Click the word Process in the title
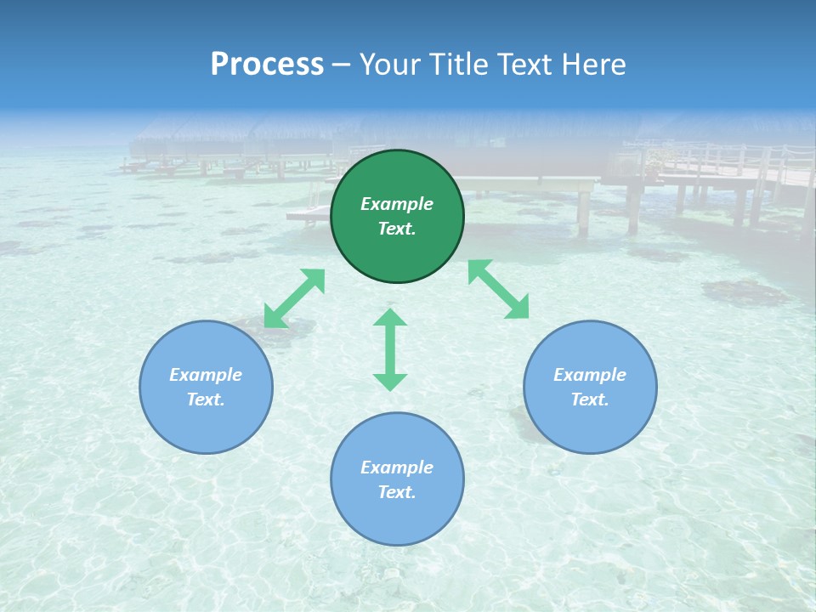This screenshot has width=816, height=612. [267, 65]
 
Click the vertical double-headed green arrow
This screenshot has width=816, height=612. [390, 349]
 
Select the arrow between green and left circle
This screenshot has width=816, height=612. [294, 298]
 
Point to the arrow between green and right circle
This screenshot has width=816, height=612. [499, 289]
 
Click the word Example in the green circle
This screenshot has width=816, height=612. [397, 204]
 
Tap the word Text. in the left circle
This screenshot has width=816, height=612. [206, 399]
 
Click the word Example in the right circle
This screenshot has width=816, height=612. [590, 375]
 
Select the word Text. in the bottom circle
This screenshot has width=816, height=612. [397, 492]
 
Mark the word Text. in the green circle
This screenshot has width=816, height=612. [397, 229]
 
